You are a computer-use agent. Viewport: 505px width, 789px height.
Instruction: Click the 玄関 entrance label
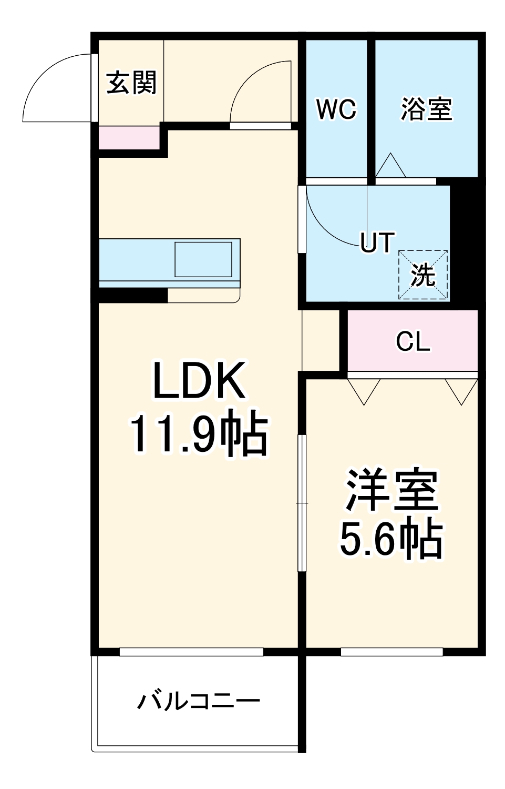point(131,83)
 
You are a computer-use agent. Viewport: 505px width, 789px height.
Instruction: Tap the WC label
point(336,109)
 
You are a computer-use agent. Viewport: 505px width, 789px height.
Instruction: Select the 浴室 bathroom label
point(426,109)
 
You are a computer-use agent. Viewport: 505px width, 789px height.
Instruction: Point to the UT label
point(377,242)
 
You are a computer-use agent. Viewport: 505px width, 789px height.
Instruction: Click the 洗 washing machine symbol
point(423,275)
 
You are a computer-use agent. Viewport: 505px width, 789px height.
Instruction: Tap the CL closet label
point(413,342)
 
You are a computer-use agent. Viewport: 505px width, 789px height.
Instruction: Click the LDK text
point(199,380)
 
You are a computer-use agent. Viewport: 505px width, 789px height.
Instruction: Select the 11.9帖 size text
point(199,435)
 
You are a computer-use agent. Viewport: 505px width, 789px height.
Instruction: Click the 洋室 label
point(391,489)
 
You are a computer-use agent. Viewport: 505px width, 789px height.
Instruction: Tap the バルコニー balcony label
point(199,701)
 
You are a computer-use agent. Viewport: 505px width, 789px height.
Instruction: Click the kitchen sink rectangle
point(203,259)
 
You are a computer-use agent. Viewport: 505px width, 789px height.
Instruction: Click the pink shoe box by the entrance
point(129,138)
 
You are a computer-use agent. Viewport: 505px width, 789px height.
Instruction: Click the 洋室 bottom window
point(391,652)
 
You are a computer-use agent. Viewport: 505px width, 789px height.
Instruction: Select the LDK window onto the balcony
point(191,652)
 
